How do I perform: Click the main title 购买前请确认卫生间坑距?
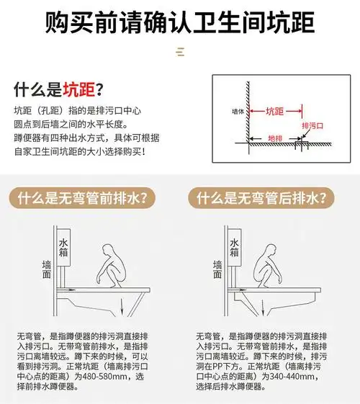click(180, 22)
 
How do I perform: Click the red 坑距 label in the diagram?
click(274, 112)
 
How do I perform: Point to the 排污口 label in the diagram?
click(310, 124)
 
